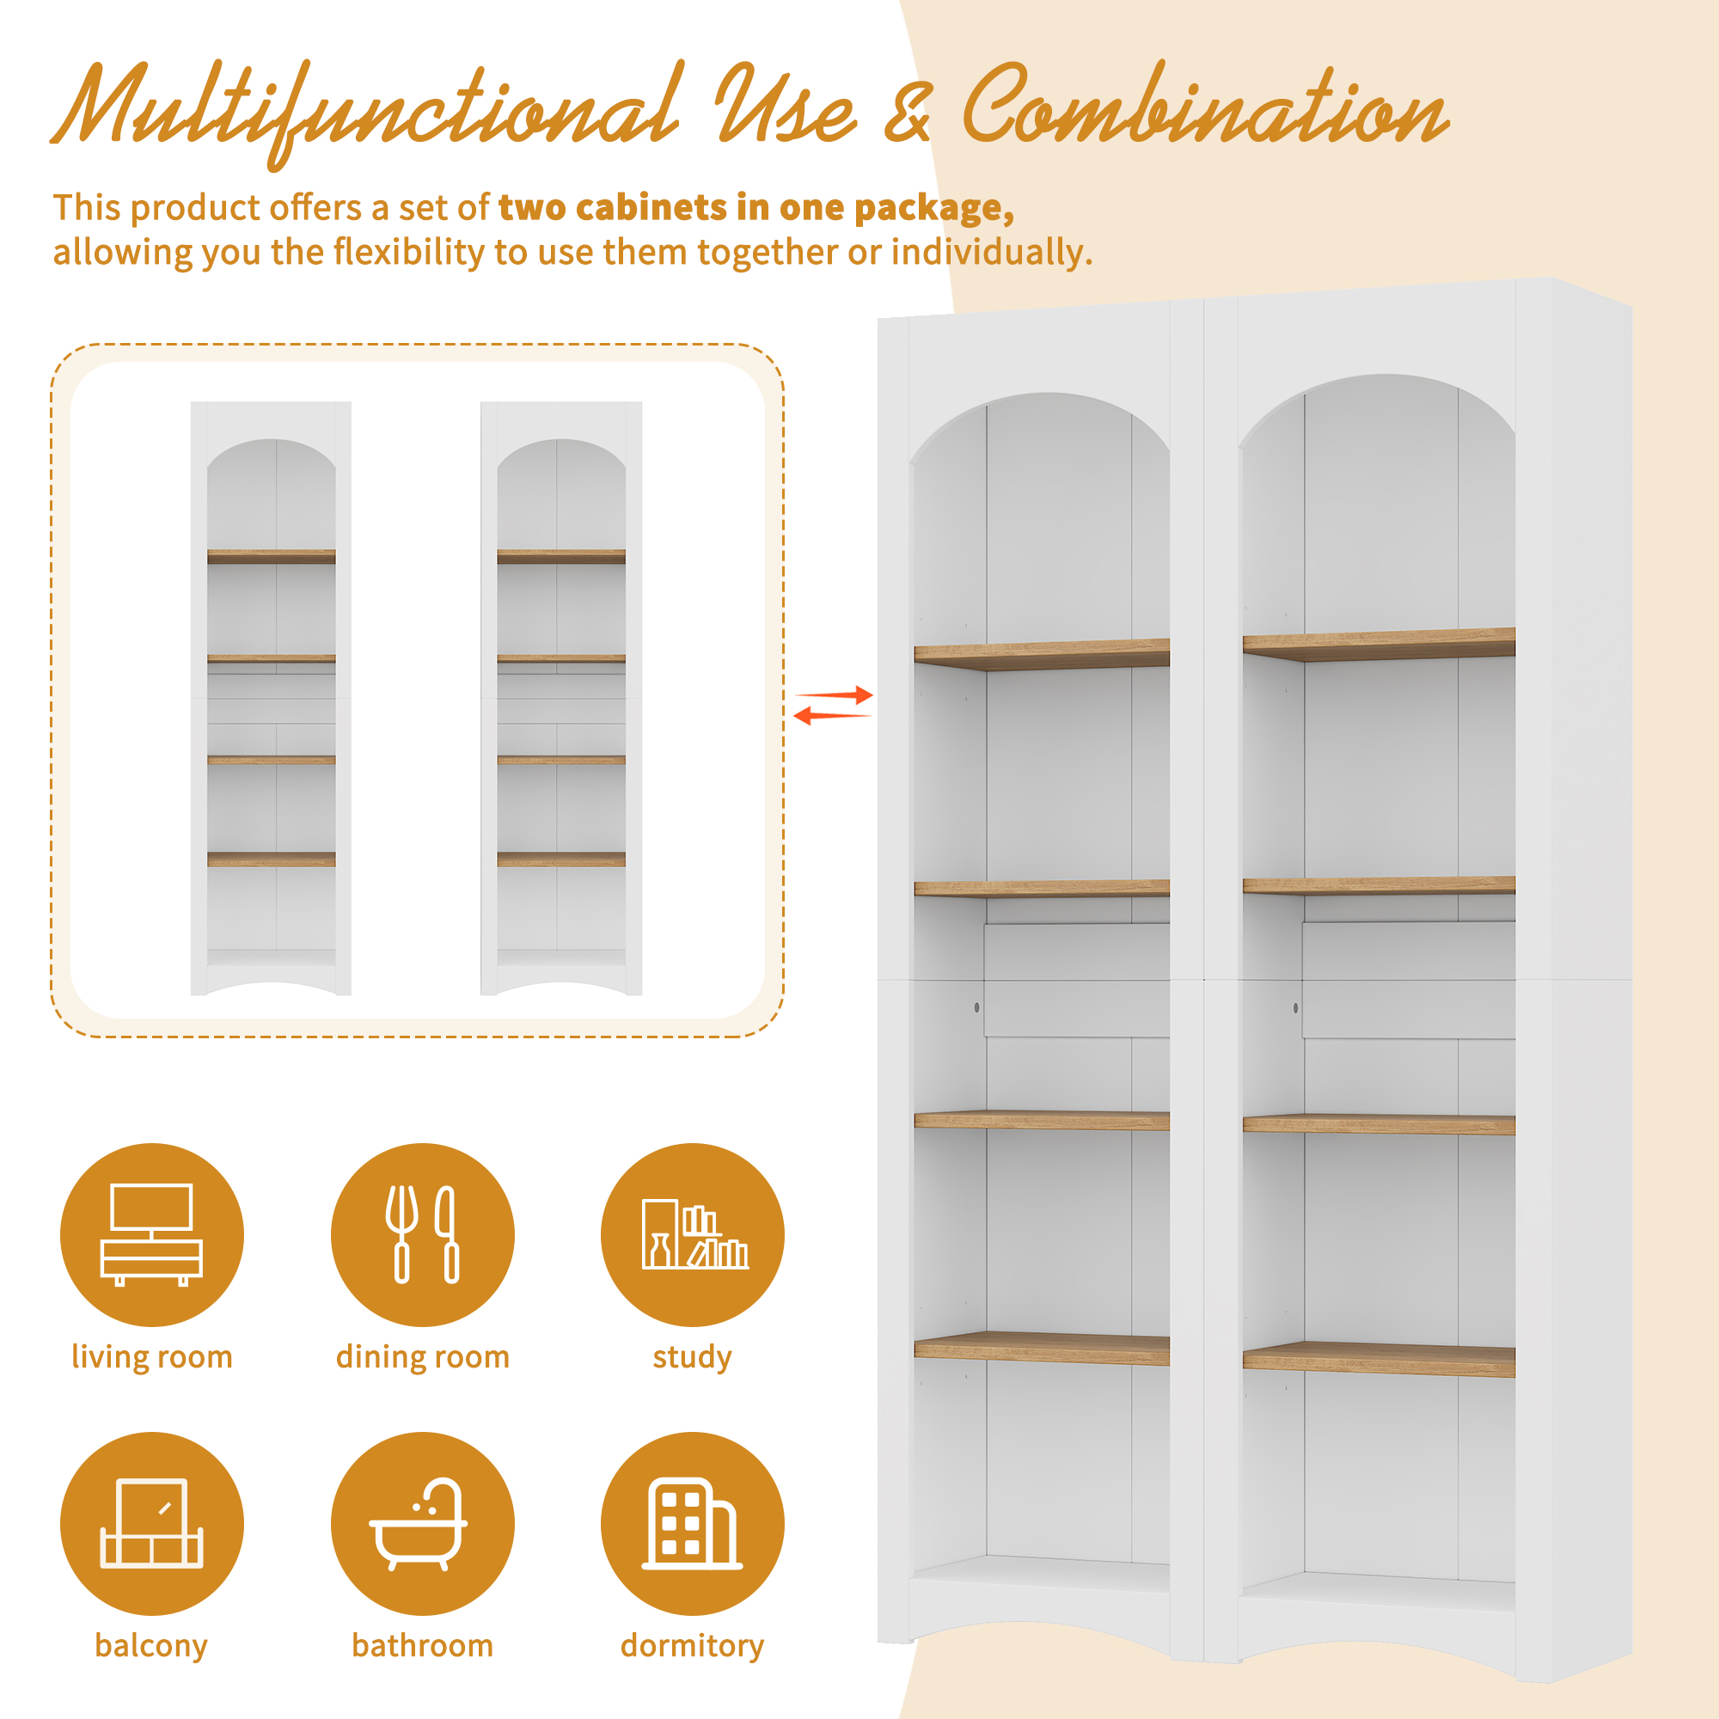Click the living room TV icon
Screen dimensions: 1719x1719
point(152,1234)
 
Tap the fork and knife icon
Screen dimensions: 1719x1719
point(422,1234)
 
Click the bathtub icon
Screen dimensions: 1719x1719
point(419,1524)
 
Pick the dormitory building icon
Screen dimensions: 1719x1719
point(692,1523)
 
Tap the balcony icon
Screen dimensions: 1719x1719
point(152,1523)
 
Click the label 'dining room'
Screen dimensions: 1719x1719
point(423,1358)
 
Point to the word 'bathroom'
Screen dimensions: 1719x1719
point(423,1646)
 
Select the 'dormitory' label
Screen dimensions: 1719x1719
point(692,1647)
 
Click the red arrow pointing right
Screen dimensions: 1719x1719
point(834,694)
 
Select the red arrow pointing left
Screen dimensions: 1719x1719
point(832,714)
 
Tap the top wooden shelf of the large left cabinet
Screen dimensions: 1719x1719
point(1042,654)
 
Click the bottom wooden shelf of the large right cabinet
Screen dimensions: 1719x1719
point(1379,1360)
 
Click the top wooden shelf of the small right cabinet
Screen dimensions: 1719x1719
point(561,557)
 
